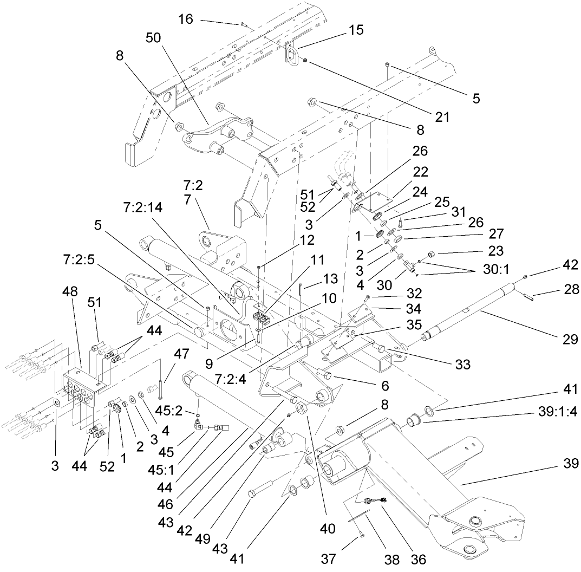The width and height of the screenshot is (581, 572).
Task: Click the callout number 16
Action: [186, 20]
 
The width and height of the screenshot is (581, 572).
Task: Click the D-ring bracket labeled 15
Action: [292, 54]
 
